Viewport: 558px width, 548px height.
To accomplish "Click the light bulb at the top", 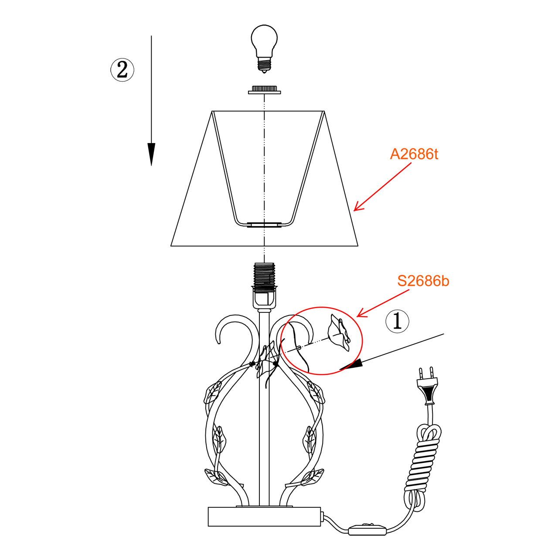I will [264, 41].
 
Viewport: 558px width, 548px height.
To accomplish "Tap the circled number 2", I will [122, 69].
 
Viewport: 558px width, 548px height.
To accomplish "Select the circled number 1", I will [397, 321].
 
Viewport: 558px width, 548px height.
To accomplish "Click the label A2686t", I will [414, 154].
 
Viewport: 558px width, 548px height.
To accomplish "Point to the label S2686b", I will [423, 281].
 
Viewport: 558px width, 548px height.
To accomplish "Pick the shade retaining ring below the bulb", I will [264, 90].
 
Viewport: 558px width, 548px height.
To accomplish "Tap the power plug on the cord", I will [427, 386].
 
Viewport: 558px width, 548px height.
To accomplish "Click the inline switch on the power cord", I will [367, 529].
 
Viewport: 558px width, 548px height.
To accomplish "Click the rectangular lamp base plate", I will [264, 517].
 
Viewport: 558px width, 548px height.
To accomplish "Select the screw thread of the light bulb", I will [264, 65].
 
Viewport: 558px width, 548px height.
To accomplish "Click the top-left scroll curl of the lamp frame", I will [231, 327].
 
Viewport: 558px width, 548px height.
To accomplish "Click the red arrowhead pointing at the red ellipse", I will [360, 314].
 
